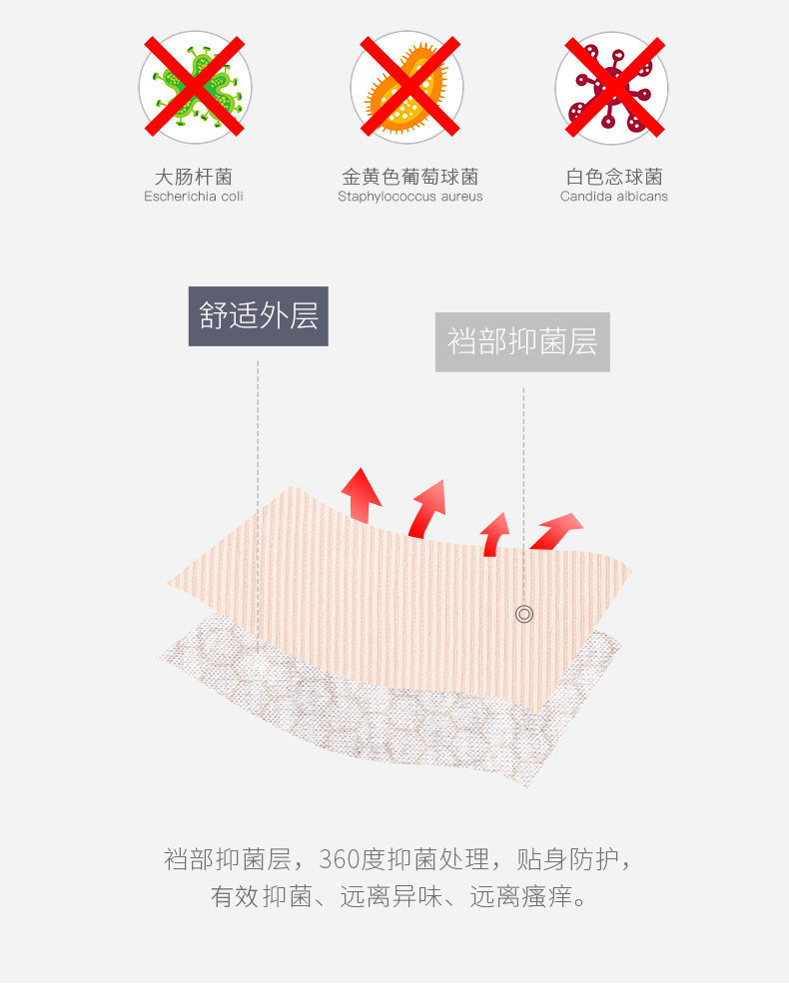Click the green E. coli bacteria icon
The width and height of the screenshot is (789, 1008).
(x=195, y=86)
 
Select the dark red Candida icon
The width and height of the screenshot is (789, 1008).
(x=612, y=87)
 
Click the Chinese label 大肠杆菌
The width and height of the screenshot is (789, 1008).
(x=194, y=177)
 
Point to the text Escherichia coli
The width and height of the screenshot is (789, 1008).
(x=194, y=197)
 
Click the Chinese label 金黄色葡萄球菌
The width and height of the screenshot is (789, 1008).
(x=409, y=177)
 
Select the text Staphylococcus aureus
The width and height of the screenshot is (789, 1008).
(x=409, y=197)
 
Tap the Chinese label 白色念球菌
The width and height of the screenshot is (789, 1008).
(x=613, y=177)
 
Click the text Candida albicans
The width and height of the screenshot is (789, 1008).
(x=613, y=197)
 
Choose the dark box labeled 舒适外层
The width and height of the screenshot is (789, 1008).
(x=259, y=316)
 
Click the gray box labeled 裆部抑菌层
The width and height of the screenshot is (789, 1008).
(x=522, y=342)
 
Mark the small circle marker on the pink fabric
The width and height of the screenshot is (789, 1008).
(x=524, y=614)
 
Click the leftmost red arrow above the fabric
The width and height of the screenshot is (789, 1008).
(x=361, y=494)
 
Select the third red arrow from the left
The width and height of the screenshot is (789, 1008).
(x=494, y=533)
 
